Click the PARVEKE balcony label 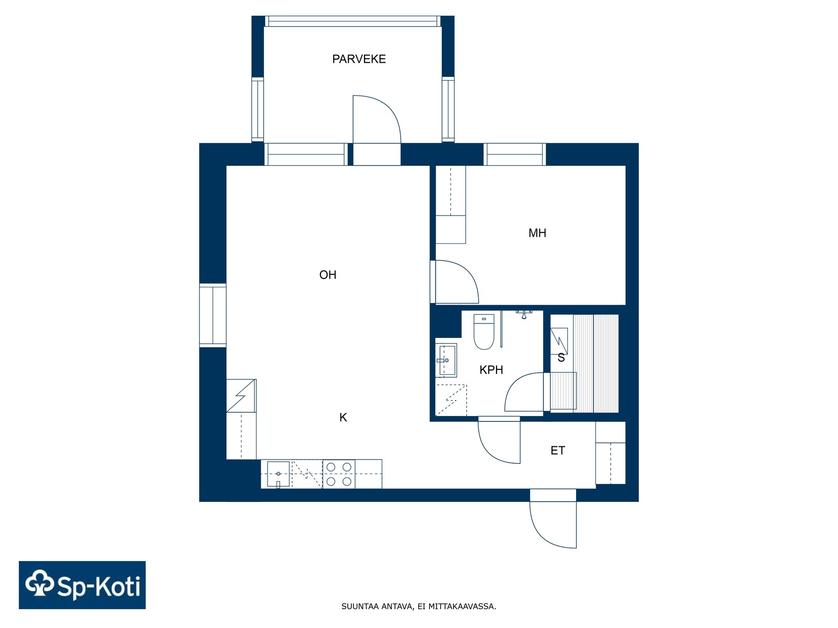point(358,59)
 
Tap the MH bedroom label point(537,233)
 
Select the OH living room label point(327,275)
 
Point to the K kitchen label point(343,417)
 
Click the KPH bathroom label point(491,369)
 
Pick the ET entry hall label point(557,450)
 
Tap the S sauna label point(561,357)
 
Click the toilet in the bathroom point(484,331)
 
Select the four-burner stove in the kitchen point(339,474)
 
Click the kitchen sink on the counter point(278,474)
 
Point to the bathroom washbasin point(446,360)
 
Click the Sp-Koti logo point(82,585)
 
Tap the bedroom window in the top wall point(515,154)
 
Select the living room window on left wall point(213,316)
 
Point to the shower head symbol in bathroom point(524,314)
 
